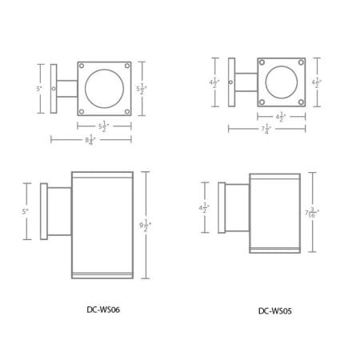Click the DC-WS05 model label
[x=274, y=311]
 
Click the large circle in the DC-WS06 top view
[x=103, y=88]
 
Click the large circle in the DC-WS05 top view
[x=282, y=82]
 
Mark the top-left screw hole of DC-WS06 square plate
[x=83, y=67]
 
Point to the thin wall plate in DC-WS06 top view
[x=54, y=89]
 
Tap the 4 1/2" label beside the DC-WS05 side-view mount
[x=205, y=207]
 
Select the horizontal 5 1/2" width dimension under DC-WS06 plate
[x=103, y=126]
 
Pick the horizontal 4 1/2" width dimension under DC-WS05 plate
[x=281, y=116]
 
